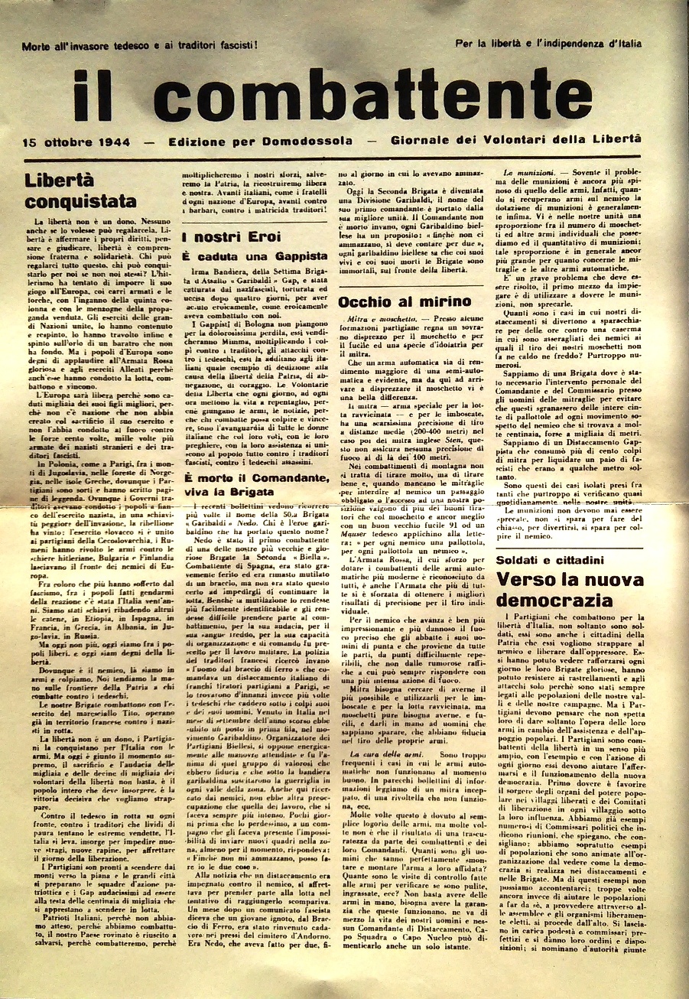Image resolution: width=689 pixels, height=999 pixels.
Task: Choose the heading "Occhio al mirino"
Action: [x=405, y=301]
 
